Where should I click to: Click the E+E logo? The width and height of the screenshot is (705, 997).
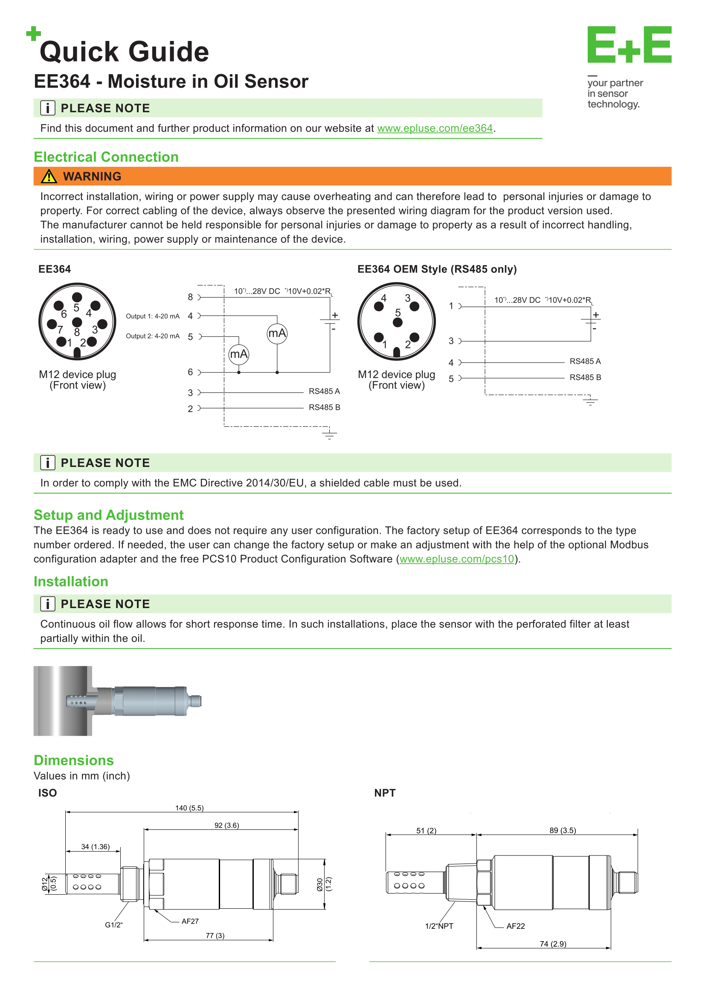(630, 44)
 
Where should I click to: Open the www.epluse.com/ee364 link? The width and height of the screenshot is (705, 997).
(435, 128)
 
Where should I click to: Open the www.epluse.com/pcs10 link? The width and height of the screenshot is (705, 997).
(456, 559)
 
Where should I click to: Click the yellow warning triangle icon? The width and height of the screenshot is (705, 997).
(49, 176)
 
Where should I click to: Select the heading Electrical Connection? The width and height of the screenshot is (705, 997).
(106, 157)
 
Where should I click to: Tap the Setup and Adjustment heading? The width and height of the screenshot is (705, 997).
(109, 515)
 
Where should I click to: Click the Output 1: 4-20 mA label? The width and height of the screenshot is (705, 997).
(152, 316)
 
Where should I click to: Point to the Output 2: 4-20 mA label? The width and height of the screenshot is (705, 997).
(152, 336)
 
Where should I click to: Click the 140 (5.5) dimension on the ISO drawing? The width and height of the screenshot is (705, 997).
(189, 808)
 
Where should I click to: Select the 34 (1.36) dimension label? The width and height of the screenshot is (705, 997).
(96, 847)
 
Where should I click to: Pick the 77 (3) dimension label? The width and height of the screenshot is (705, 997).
(215, 935)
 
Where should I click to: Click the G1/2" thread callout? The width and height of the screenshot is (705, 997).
(114, 925)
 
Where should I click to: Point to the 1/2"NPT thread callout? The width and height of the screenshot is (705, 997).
(439, 926)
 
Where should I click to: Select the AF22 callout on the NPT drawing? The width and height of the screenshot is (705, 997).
(516, 926)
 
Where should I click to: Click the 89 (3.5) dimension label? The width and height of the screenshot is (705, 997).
(563, 831)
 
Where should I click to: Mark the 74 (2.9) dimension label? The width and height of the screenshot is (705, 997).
(553, 944)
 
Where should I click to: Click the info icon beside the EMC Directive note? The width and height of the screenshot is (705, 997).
(48, 463)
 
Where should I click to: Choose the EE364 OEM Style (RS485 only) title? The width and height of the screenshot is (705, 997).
(437, 269)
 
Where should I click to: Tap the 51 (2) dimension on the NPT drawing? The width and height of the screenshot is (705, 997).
(426, 831)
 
